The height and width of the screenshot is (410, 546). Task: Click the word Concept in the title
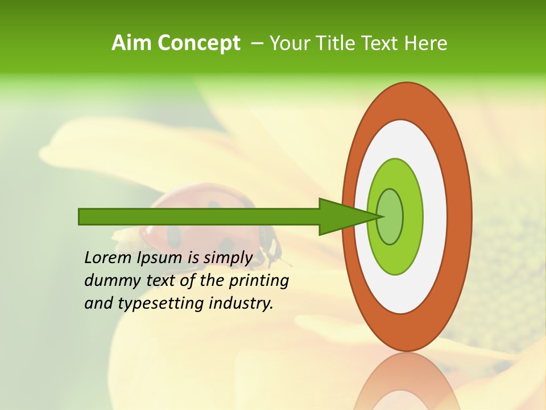[199, 43]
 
